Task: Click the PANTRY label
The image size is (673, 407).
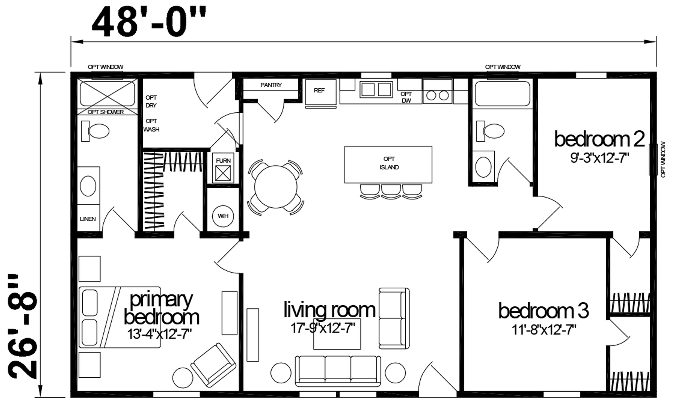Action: coord(271,85)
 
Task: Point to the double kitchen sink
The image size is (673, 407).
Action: coord(376,89)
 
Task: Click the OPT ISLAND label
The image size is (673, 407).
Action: coord(389,163)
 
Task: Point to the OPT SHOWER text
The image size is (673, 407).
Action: coord(106,112)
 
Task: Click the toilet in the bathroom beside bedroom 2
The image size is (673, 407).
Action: coord(490,131)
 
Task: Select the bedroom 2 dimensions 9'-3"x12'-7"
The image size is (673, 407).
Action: coord(600,158)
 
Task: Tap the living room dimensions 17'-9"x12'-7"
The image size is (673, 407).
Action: coord(323,328)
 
